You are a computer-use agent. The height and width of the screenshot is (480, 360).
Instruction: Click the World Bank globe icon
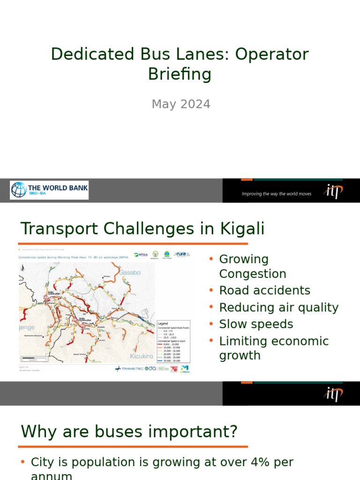click(19, 190)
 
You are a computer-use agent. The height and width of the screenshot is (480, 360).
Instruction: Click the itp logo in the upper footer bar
click(333, 191)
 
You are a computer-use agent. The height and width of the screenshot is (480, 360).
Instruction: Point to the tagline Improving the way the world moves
click(276, 194)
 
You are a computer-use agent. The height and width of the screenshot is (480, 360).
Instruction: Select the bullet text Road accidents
click(264, 291)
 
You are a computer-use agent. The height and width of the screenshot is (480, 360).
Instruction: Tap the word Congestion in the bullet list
click(252, 274)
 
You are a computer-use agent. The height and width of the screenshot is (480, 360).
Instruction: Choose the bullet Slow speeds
click(256, 324)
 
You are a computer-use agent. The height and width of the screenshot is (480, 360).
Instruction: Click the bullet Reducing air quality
click(278, 307)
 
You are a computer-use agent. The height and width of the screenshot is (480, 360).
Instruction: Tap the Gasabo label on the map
click(129, 272)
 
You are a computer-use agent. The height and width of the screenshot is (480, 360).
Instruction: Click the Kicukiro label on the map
click(142, 356)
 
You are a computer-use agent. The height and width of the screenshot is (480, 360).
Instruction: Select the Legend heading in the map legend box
click(163, 323)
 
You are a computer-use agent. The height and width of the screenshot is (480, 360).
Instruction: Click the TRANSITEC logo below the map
click(129, 368)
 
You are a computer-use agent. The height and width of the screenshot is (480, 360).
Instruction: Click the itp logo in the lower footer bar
click(333, 394)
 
